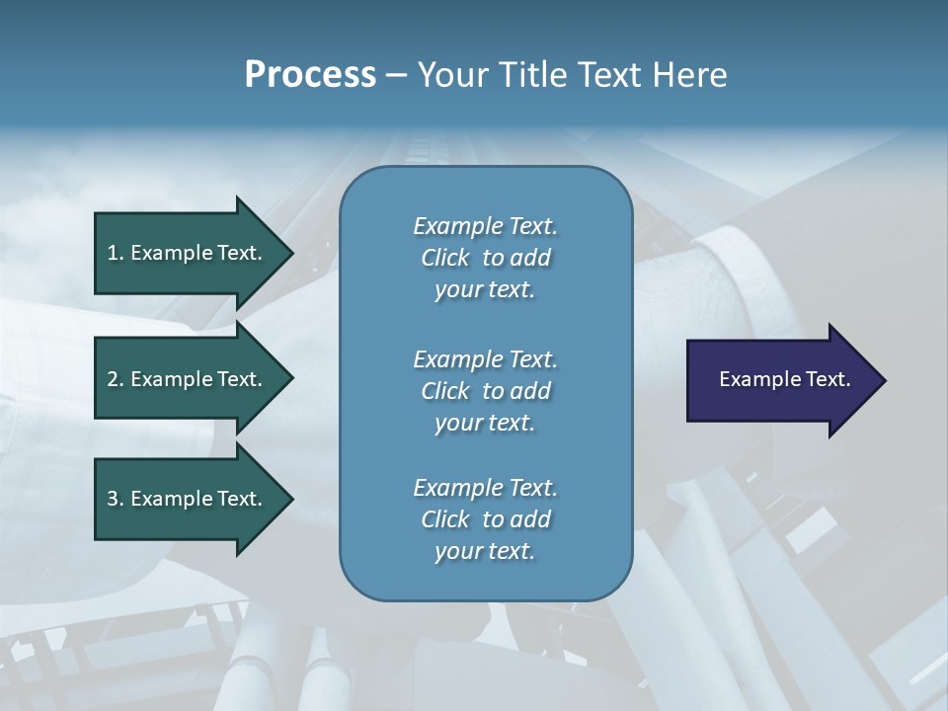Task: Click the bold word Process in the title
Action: point(310,75)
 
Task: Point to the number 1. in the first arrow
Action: point(116,253)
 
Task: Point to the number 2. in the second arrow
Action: point(116,379)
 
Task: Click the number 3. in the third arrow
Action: point(116,499)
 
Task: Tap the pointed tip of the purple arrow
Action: point(882,380)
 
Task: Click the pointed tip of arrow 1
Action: point(289,253)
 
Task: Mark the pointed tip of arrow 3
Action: point(289,499)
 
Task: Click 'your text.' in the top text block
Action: point(485,290)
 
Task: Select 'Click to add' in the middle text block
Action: point(485,391)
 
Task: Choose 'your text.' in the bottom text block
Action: point(485,552)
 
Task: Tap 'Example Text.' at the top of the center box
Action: point(485,226)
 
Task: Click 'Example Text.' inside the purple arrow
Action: point(784,379)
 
